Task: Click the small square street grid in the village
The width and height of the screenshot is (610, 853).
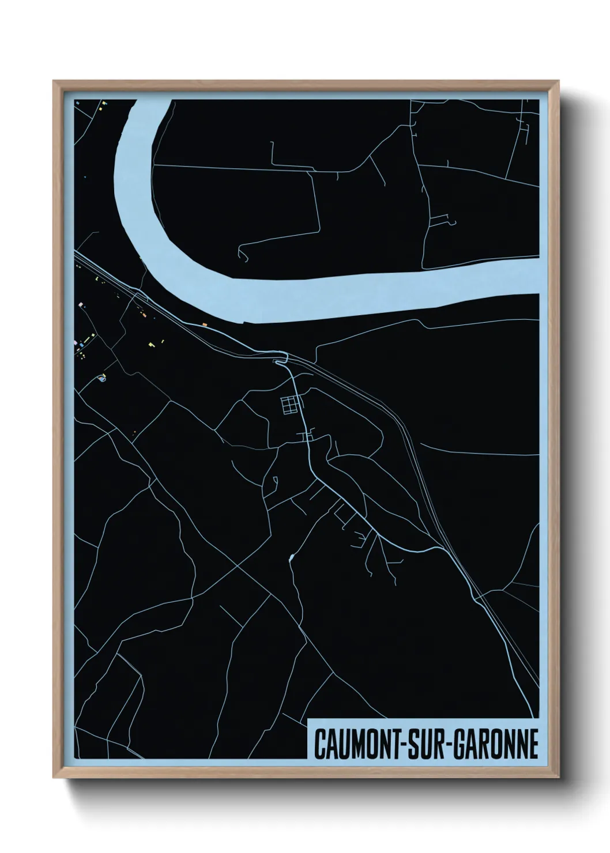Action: pos(291,405)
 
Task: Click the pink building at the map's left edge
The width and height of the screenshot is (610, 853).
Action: pos(76,342)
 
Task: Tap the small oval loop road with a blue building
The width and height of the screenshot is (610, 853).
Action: pos(103,378)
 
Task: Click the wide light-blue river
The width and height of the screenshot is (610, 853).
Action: pos(346,288)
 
